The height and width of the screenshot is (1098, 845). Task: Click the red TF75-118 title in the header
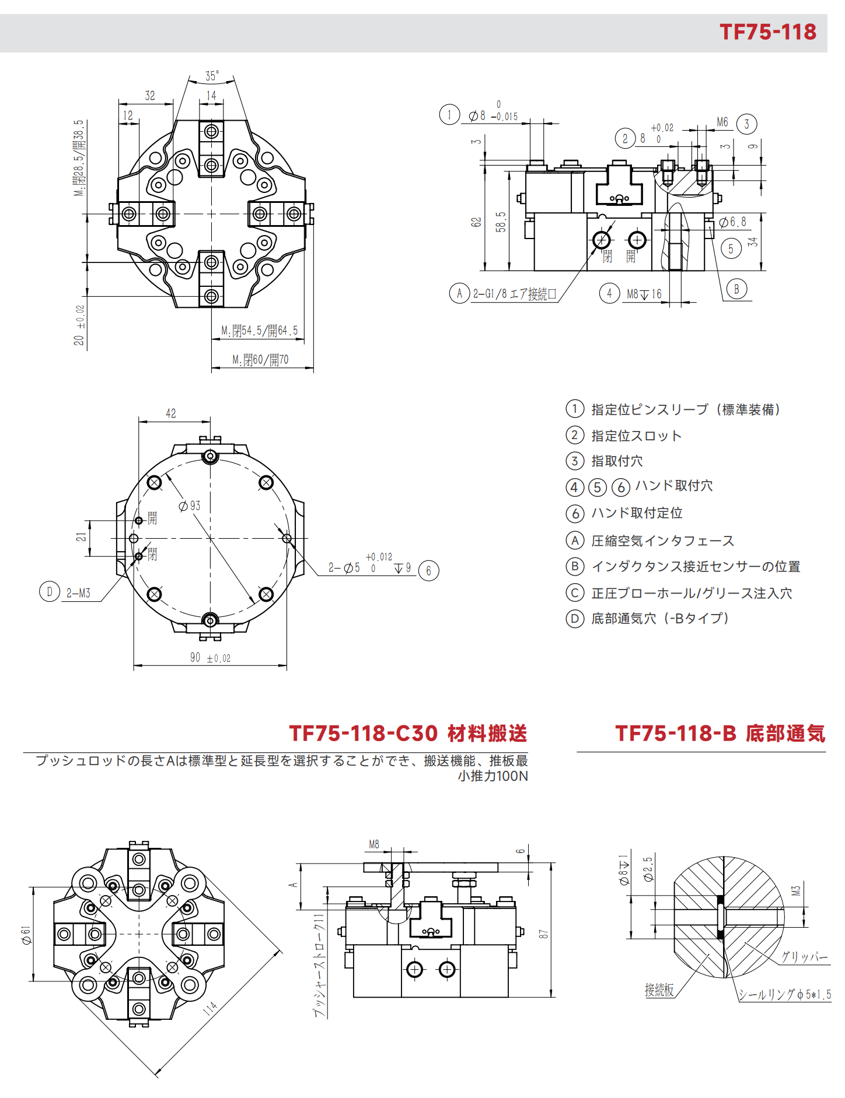click(x=767, y=31)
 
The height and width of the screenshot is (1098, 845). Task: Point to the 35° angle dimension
click(x=212, y=76)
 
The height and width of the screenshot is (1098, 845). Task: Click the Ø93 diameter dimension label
click(x=190, y=506)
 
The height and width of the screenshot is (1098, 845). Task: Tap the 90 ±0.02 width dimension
click(x=210, y=658)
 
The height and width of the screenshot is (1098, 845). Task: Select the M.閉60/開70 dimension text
click(x=260, y=360)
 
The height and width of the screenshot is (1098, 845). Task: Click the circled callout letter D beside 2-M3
click(x=50, y=591)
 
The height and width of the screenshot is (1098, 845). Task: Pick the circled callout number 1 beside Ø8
click(x=449, y=114)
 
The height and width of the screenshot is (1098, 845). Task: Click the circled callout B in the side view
click(x=736, y=289)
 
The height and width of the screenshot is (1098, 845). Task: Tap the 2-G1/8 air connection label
click(x=515, y=294)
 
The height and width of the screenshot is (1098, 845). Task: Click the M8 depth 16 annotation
click(x=644, y=294)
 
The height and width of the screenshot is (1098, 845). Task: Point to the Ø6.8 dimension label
click(x=732, y=222)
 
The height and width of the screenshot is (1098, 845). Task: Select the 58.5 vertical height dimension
click(x=501, y=222)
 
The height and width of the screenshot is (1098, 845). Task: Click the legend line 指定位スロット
click(x=636, y=436)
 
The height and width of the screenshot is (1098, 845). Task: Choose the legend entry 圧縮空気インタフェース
click(x=662, y=541)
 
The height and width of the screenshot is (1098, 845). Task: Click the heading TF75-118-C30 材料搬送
click(x=408, y=733)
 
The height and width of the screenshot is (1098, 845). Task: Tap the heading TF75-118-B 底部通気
click(x=720, y=733)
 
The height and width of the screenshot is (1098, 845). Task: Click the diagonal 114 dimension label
click(x=210, y=1008)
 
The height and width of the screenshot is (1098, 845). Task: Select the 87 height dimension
click(x=544, y=934)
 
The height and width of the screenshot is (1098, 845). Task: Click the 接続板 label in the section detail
click(x=659, y=990)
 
